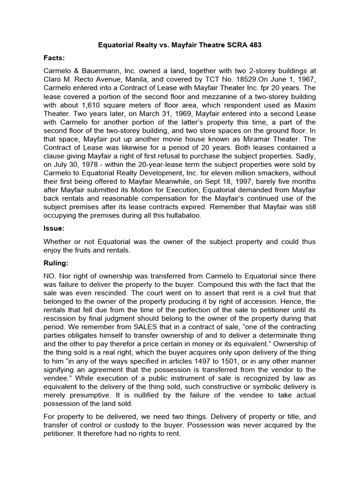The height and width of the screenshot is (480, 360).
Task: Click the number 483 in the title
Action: coord(253,45)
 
